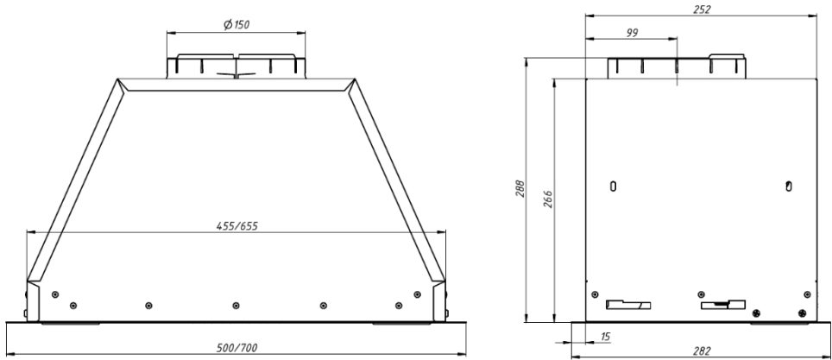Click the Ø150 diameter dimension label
(236, 24)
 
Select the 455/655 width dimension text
(236, 225)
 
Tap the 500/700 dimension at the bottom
(236, 348)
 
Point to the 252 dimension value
(702, 9)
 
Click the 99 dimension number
(632, 33)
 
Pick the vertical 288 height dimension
(520, 188)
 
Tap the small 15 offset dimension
(605, 337)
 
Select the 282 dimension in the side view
(702, 351)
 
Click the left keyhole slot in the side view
(614, 186)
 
